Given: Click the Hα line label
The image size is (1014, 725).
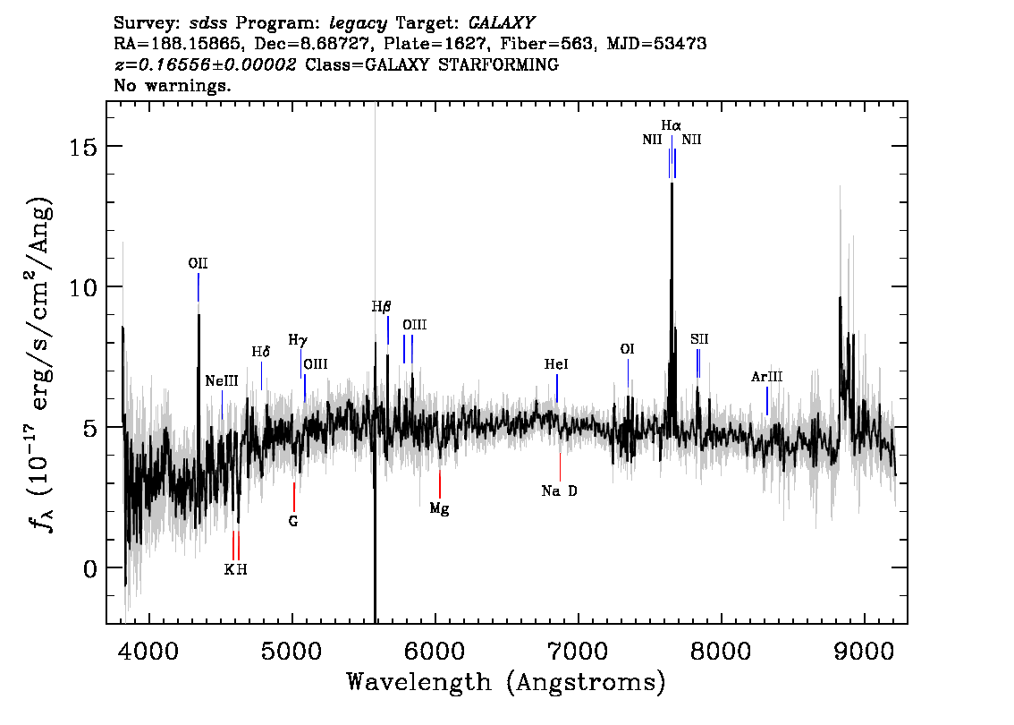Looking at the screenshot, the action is tap(671, 125).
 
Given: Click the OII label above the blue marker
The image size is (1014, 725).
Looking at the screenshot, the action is tap(198, 263).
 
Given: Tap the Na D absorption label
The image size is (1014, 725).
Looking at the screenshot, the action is tap(560, 491).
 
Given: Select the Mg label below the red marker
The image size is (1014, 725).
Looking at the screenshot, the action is tap(439, 508).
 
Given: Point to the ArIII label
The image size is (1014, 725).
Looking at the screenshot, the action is tap(766, 377).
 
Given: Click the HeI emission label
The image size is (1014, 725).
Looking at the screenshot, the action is tap(556, 364).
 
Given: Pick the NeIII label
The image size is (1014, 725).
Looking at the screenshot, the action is tap(222, 380).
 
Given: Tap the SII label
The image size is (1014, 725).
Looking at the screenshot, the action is tap(699, 339).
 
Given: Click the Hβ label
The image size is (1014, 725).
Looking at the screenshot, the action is tap(381, 307).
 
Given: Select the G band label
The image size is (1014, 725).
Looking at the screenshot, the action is tap(293, 521).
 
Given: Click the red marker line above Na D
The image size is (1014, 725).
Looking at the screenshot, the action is tap(560, 467).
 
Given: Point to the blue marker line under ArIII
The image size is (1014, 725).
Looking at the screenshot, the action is tap(767, 401).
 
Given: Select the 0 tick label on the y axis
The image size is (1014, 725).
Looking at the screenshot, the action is tap(90, 567).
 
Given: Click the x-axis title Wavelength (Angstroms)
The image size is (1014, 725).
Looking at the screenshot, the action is tap(506, 682).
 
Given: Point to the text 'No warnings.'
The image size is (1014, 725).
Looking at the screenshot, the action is tap(172, 85).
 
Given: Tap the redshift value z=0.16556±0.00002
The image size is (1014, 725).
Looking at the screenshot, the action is tap(205, 64).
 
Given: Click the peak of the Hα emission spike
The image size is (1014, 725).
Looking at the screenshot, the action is tap(672, 183).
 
